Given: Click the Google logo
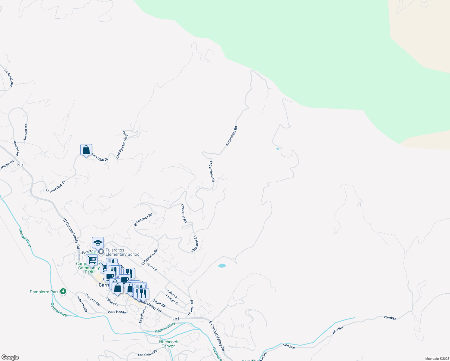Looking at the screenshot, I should click(10, 357).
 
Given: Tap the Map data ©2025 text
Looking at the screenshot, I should click(437, 359).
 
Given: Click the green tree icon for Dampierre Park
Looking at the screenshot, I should click(63, 291).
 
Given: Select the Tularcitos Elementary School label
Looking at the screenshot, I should click(123, 252).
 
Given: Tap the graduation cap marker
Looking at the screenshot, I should click(98, 242).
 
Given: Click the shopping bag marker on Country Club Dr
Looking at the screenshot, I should click(86, 150).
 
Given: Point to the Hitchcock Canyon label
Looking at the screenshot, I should click(168, 344).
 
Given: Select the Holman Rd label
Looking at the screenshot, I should click(191, 308).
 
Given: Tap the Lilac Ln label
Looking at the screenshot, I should click(172, 294).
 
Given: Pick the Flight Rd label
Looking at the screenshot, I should click(159, 303).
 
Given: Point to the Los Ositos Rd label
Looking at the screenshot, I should click(147, 353).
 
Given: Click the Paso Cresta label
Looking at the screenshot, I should click(92, 300).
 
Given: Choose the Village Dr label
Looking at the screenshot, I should click(112, 302).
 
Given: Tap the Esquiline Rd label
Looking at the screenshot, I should click(143, 314).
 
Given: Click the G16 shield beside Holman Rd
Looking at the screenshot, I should click(175, 319).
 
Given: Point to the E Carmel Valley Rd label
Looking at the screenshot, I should click(217, 336).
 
